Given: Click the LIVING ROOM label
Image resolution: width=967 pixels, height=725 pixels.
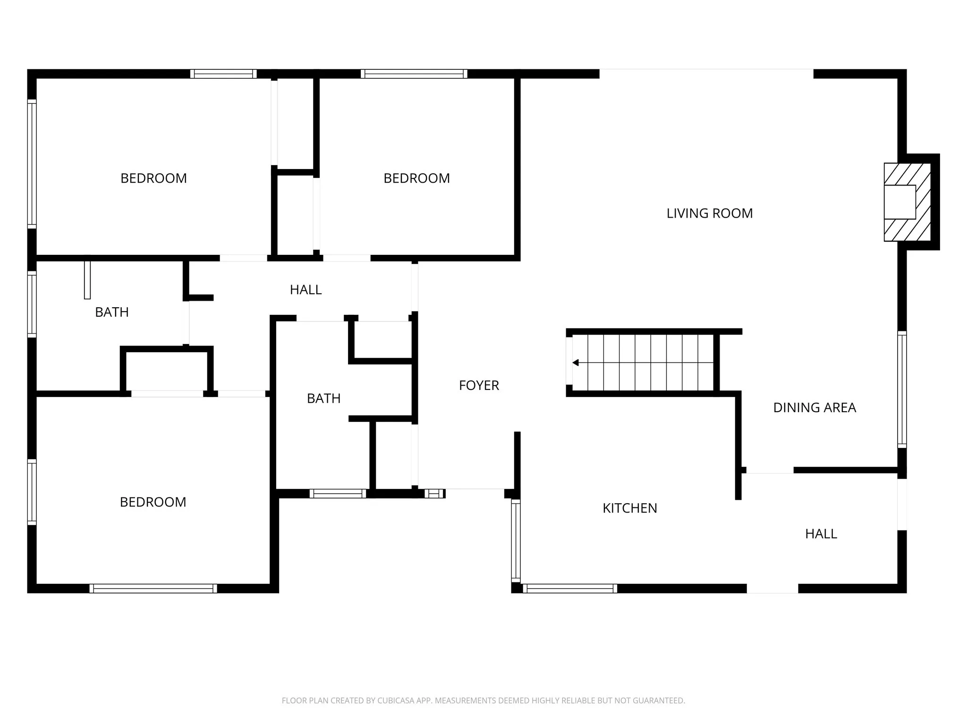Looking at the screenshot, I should [709, 213].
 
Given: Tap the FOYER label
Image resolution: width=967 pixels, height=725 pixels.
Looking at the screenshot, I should [479, 386].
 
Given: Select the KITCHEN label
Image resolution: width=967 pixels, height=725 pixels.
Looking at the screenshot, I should [629, 508].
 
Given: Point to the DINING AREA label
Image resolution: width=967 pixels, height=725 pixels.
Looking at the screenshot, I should [814, 408].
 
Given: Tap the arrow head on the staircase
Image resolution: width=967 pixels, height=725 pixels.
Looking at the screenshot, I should [575, 362].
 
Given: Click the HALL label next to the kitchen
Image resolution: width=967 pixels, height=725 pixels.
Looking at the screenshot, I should [821, 534].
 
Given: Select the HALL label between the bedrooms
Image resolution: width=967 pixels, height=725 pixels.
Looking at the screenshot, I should [305, 290].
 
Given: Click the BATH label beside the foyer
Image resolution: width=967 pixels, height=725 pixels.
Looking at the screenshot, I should [323, 399].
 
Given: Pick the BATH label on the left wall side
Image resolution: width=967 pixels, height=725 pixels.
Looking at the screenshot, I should [111, 312].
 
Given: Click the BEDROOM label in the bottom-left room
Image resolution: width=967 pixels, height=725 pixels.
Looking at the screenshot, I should [153, 502].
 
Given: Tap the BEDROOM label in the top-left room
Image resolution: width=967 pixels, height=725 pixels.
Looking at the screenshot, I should [153, 178].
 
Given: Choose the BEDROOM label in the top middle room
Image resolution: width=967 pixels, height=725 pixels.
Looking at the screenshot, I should [416, 178].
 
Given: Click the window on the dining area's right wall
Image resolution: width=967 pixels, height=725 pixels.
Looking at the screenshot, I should [902, 389].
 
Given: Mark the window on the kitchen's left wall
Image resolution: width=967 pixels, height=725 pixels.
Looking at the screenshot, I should [516, 540].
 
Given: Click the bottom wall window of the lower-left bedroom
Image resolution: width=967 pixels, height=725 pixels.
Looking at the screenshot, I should [153, 589].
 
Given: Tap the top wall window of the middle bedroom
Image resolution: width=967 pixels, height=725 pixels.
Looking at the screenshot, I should [414, 74].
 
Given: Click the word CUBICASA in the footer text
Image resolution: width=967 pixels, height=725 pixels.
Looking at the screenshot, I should [396, 700].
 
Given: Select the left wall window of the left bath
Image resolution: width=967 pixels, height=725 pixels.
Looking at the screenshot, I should [32, 304].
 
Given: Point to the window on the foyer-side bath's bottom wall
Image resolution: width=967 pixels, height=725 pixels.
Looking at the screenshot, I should [338, 494].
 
